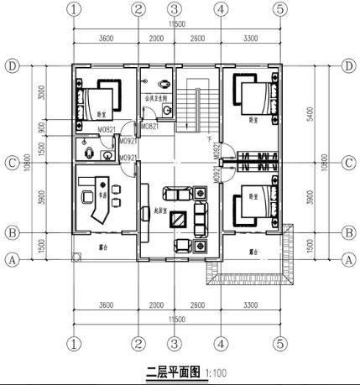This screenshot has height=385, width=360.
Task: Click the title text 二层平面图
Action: click(x=171, y=370)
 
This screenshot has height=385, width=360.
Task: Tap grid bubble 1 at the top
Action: click(x=75, y=10)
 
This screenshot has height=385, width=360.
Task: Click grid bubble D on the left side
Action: click(x=12, y=65)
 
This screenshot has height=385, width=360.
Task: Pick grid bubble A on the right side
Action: click(x=348, y=260)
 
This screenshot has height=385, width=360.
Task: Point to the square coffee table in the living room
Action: click(x=180, y=220)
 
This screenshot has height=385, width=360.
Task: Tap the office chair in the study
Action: click(x=89, y=195)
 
